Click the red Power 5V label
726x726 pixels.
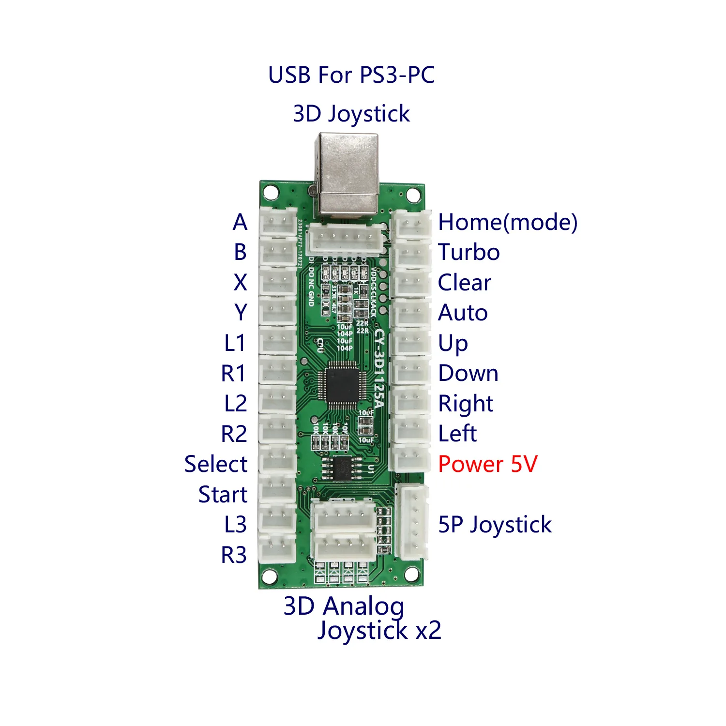tap(487, 464)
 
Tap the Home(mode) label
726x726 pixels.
tap(507, 223)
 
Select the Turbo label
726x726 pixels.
tap(469, 253)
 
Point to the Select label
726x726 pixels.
tap(216, 464)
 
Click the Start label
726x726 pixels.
tap(223, 495)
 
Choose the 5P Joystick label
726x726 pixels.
tap(495, 525)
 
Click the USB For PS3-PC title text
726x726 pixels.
tap(351, 75)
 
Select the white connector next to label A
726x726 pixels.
tap(278, 222)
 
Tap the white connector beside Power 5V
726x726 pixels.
tap(410, 458)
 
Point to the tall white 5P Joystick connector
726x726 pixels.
tap(412, 522)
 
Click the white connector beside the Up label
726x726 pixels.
tap(410, 343)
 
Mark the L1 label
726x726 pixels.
tap(235, 343)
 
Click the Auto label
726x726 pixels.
tap(463, 313)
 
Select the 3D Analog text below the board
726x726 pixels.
tap(344, 606)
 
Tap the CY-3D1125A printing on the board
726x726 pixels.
tap(379, 368)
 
